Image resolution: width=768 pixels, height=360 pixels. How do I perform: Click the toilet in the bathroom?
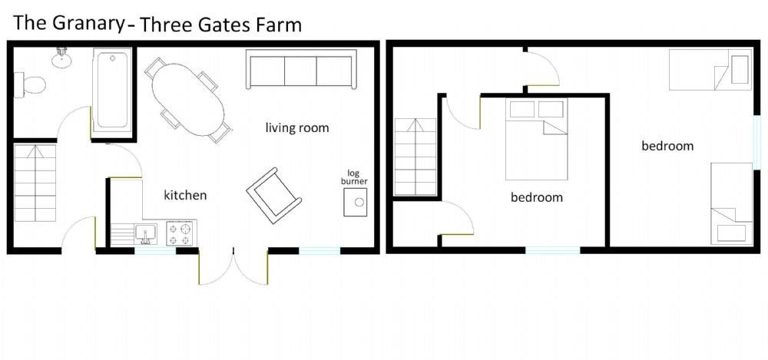coord(30,84)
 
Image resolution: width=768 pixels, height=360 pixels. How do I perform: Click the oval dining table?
coord(188,101)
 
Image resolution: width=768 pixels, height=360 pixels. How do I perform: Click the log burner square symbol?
coord(356,203)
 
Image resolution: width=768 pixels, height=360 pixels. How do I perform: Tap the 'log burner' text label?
coord(358,177)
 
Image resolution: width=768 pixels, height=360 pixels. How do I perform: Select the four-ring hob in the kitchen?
coord(181,233)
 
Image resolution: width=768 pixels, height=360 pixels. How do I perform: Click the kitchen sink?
coord(146,233)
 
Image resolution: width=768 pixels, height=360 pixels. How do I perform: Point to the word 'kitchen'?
coord(185,196)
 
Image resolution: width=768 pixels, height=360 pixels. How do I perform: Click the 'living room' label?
coord(297,128)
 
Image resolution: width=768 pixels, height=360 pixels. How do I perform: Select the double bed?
coord(536,140)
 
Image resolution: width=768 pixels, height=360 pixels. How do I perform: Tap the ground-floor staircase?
coord(35,183)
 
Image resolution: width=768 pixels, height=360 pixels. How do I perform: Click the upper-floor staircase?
coord(415,157)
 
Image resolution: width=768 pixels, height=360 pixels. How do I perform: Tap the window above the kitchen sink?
coord(155,251)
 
